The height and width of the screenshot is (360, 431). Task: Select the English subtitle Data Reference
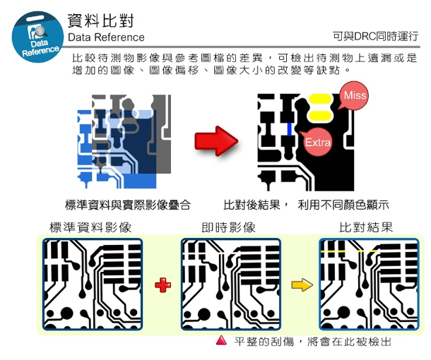[x=106, y=37]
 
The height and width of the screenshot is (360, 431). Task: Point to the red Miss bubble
[x=354, y=96]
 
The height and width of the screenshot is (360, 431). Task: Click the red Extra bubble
[x=317, y=143]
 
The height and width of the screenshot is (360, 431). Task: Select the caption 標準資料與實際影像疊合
[x=127, y=205]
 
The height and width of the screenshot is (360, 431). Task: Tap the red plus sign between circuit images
[x=163, y=285]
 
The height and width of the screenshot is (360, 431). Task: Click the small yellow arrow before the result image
[x=301, y=285]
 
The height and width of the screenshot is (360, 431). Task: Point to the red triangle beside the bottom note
[x=221, y=340]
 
